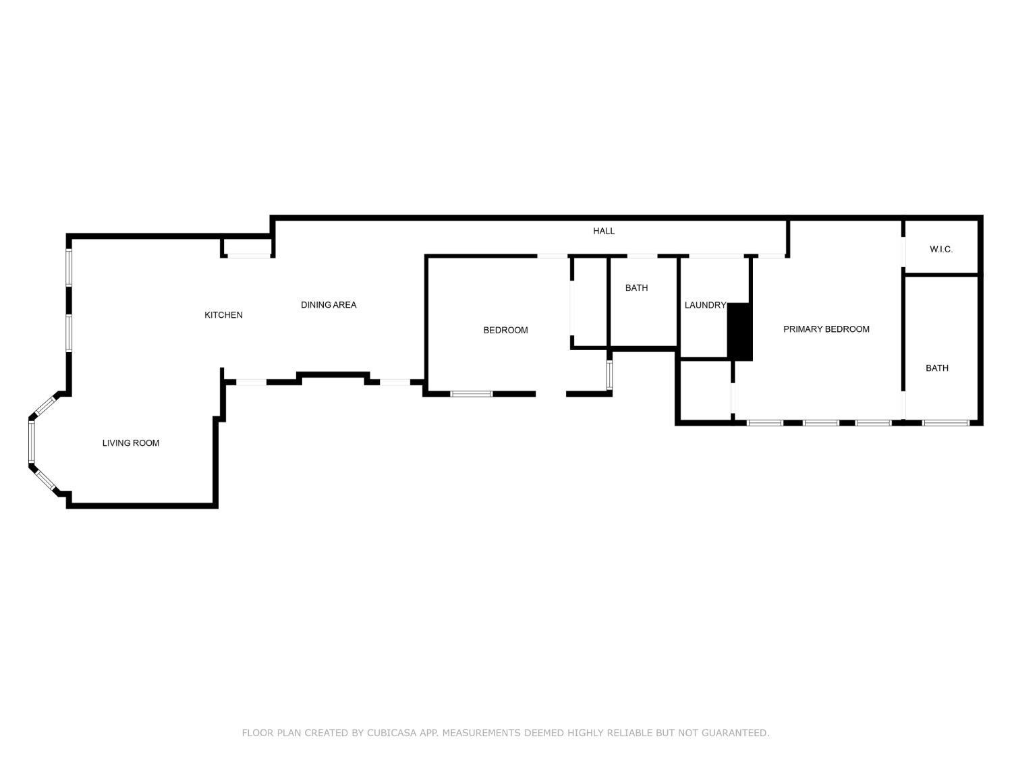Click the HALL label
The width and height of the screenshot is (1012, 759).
(604, 231)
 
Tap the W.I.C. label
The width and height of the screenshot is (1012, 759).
(941, 250)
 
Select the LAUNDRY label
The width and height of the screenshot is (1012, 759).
(705, 305)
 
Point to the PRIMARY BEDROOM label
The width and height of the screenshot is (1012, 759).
(826, 329)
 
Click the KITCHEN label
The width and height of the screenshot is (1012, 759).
(223, 315)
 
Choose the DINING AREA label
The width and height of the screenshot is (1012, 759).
(329, 305)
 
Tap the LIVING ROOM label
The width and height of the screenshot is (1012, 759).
(131, 443)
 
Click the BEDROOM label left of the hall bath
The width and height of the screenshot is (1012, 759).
(505, 330)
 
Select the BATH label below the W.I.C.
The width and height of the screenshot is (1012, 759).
(937, 368)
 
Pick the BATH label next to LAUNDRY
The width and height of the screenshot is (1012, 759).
(637, 287)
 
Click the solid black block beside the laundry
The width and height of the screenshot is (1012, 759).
(740, 332)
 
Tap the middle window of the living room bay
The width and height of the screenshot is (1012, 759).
(32, 441)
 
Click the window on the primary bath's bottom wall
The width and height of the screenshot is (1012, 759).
(946, 422)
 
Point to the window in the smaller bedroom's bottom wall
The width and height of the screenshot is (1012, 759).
(471, 394)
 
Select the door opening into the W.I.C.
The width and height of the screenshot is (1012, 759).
(903, 252)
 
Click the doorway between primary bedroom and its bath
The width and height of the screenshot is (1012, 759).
(903, 405)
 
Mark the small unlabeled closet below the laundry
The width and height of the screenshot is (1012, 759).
(706, 390)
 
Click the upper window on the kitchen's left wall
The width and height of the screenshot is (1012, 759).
(69, 267)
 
